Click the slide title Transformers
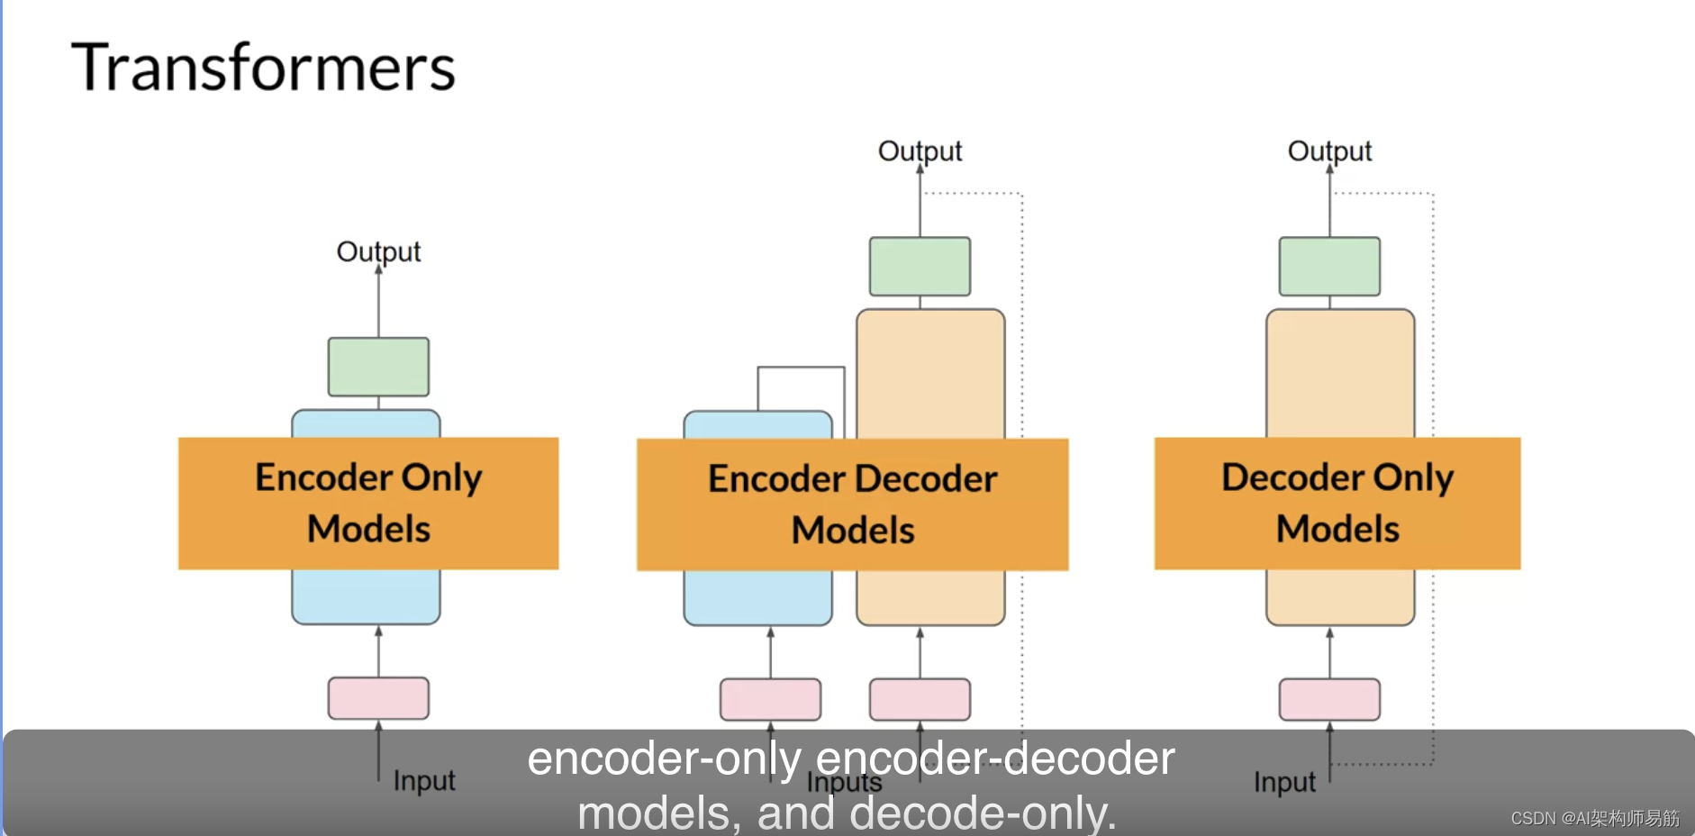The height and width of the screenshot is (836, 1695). pos(263,68)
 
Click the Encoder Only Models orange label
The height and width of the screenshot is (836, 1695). pos(368,503)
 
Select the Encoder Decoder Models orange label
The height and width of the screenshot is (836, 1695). pos(852,504)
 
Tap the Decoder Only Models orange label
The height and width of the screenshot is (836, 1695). pos(1337,503)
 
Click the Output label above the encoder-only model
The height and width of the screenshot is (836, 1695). pos(378,251)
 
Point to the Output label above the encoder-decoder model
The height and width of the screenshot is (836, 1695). pos(920,150)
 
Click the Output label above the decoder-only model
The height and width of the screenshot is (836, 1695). pos(1329,150)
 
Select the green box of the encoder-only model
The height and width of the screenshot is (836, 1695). pos(378,367)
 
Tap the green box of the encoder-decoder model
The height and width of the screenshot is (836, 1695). pos(920,267)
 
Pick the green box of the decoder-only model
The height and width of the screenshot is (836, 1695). pos(1329,267)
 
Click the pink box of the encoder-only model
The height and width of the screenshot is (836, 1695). pos(378,698)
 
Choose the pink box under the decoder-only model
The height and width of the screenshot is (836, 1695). pos(1329,699)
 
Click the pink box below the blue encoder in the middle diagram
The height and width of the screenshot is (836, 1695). pos(770,699)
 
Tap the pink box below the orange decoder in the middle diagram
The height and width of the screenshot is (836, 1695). pos(920,699)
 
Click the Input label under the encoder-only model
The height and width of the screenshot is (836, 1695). pos(424,780)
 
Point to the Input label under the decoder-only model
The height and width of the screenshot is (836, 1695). pos(1284,782)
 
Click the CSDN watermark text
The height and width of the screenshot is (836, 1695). pos(1594,818)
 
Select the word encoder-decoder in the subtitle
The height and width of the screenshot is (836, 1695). pos(994,759)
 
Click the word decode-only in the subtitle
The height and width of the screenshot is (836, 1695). pos(983,813)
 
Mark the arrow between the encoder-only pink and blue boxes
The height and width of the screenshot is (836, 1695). pos(378,651)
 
